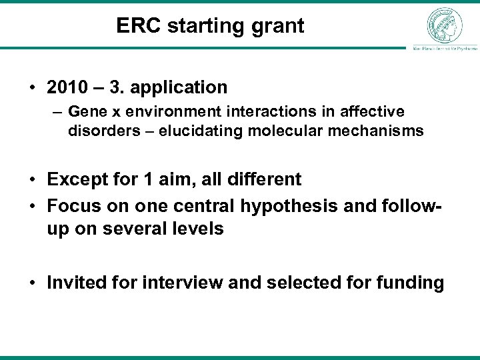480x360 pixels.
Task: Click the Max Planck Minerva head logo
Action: pos(445,25)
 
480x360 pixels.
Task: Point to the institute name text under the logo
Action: pos(445,48)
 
